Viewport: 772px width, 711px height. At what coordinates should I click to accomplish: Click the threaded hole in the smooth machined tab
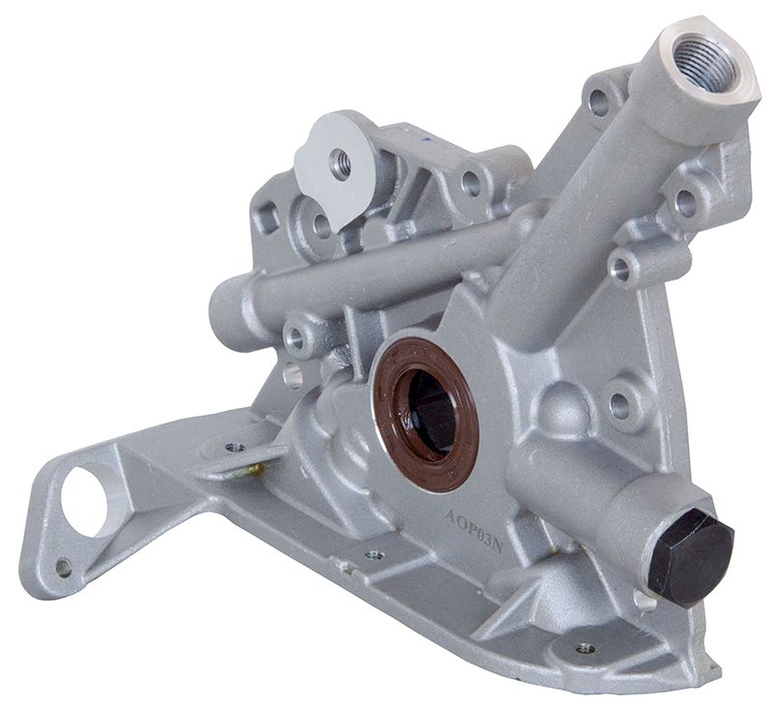[340, 164]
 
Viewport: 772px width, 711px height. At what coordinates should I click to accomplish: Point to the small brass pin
[253, 470]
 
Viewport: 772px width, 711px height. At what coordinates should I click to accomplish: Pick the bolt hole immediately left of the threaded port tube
[599, 100]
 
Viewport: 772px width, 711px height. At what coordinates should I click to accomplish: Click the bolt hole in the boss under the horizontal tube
[295, 340]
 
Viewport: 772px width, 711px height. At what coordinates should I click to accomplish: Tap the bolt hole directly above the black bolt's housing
[620, 405]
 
